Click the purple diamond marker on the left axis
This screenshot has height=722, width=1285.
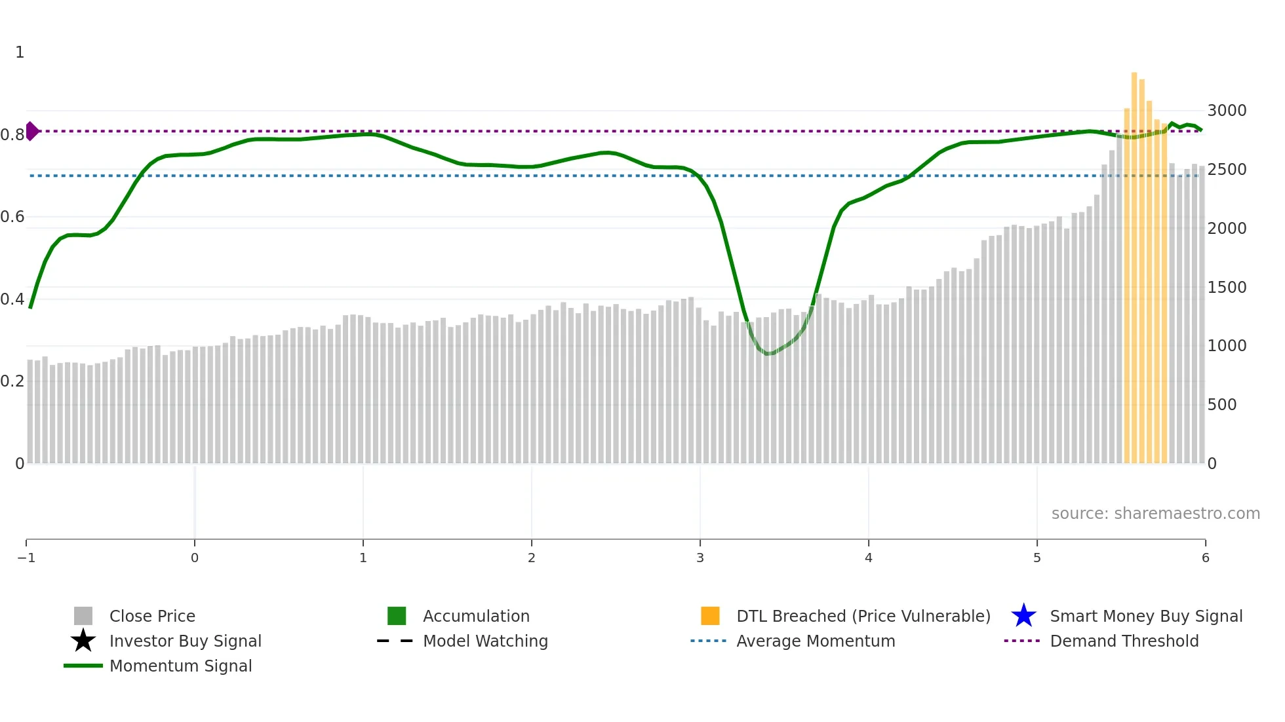(31, 131)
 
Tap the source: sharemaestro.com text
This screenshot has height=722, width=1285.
(1155, 513)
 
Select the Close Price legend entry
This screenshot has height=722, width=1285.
(152, 616)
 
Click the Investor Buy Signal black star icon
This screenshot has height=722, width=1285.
(83, 641)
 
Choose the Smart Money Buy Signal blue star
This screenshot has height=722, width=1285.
(1023, 616)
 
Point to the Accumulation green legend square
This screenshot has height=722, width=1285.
(397, 616)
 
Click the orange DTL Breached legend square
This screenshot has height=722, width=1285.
(710, 616)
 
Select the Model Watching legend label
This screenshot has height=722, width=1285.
(485, 641)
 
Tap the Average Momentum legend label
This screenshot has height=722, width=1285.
(816, 641)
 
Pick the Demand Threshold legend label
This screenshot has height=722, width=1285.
(1124, 641)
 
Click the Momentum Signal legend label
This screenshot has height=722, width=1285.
(180, 666)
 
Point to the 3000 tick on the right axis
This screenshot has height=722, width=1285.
(1227, 110)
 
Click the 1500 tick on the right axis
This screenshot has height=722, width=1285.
(1227, 287)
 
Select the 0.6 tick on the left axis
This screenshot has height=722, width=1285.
(12, 216)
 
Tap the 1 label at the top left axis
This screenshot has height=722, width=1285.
(20, 52)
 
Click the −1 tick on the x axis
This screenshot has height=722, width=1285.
(26, 558)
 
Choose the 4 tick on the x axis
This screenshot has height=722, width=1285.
(869, 558)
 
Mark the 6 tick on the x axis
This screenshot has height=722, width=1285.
(1205, 558)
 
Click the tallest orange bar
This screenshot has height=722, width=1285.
(1134, 262)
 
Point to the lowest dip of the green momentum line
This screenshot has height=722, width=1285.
(768, 354)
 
